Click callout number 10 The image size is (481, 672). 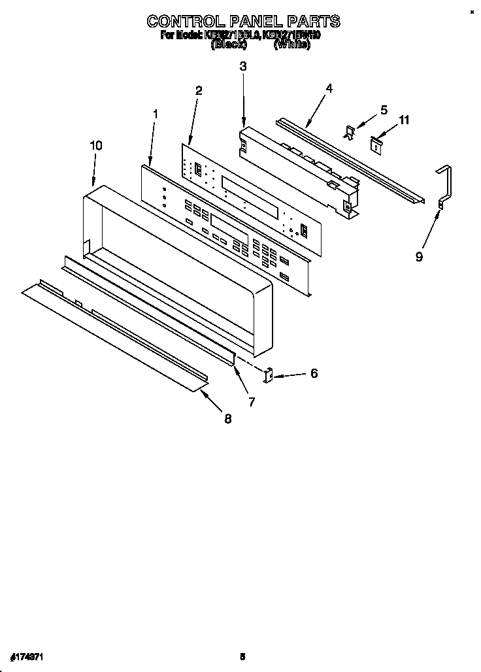tap(95, 146)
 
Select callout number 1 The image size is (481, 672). tap(156, 114)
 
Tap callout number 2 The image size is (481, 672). tap(199, 90)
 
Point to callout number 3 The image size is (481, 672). tap(243, 66)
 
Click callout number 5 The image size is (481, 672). tap(384, 109)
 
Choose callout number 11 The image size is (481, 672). tap(405, 120)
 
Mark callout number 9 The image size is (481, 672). tap(419, 257)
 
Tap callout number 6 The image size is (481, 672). tap(314, 373)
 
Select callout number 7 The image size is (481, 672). tap(252, 401)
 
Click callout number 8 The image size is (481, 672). tap(227, 419)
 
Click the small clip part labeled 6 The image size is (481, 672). tap(267, 375)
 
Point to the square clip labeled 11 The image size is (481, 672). tap(377, 143)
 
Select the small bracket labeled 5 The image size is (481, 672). tap(350, 132)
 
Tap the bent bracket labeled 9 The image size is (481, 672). tap(446, 186)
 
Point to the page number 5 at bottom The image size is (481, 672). tap(242, 656)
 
